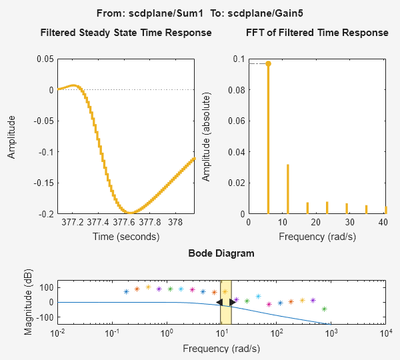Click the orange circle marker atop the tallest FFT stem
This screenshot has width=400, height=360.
coord(268,64)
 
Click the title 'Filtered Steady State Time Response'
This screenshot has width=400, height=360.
coord(126,33)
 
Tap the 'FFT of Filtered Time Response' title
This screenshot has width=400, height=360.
coord(317,33)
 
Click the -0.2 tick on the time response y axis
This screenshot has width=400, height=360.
coord(45,214)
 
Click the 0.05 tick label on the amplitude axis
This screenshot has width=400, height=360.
coord(45,59)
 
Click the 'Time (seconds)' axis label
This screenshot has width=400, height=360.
coord(126,236)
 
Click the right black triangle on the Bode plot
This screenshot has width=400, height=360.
coord(232,302)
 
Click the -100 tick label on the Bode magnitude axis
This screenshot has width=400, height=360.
coord(42,317)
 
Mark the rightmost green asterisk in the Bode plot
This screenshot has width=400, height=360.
coord(324,309)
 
